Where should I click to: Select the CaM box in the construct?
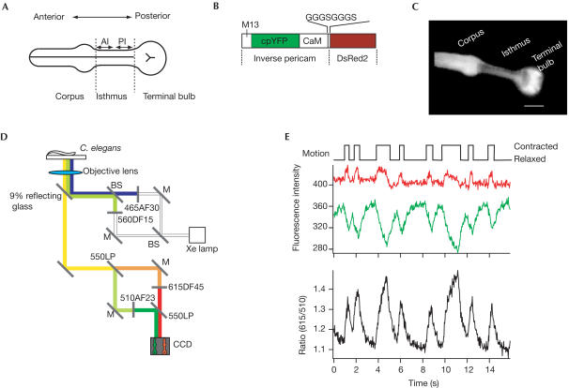(312, 41)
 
